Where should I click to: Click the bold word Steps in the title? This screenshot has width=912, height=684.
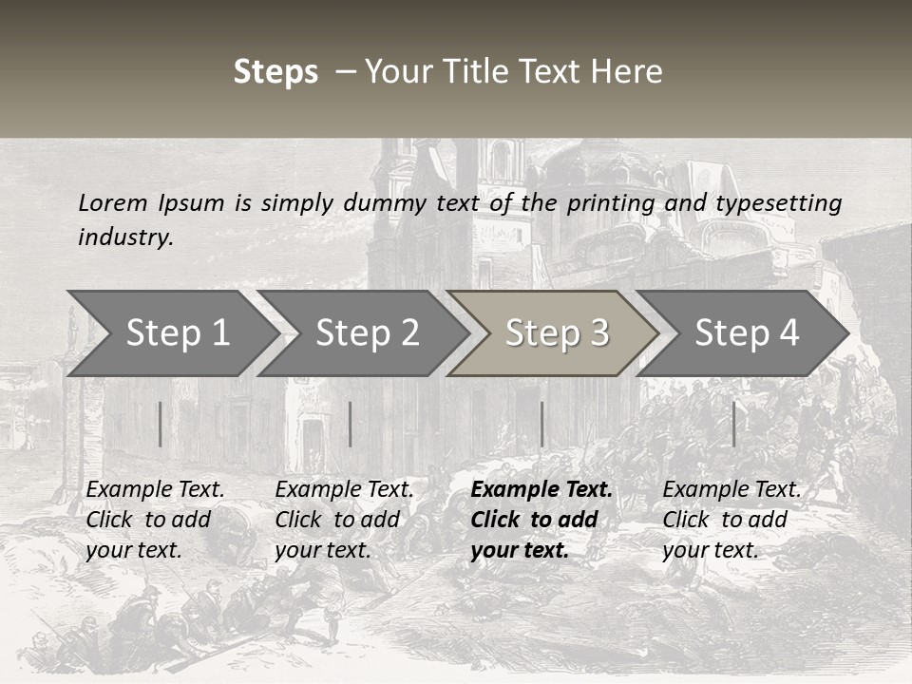click(x=275, y=72)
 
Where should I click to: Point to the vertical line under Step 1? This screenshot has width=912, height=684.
click(x=160, y=424)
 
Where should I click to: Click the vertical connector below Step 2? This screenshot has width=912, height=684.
click(x=351, y=424)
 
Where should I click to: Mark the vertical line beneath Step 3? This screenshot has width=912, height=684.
click(x=541, y=424)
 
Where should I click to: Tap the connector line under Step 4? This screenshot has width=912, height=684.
click(x=733, y=424)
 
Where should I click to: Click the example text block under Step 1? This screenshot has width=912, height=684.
click(x=155, y=520)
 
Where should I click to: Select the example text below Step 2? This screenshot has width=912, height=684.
click(x=344, y=520)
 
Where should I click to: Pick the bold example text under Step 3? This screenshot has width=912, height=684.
click(x=541, y=520)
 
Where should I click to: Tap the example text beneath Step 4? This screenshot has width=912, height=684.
click(x=731, y=520)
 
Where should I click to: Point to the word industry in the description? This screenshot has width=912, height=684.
click(x=124, y=237)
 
